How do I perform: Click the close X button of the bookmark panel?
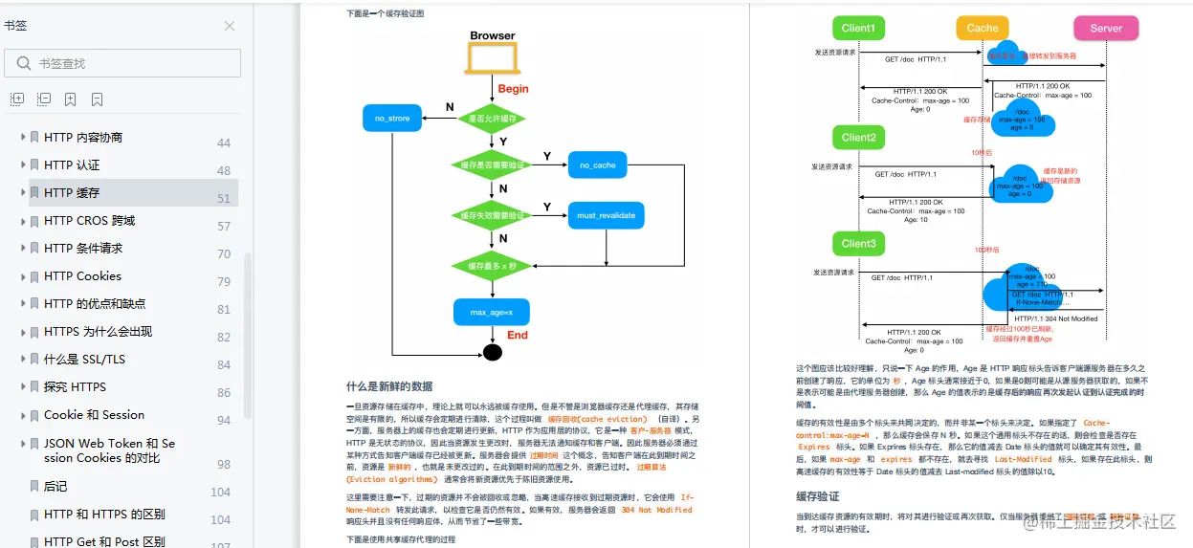click(229, 26)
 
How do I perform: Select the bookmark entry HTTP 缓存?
click(72, 192)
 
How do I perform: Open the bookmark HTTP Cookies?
click(82, 275)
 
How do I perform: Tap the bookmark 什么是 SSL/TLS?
click(84, 359)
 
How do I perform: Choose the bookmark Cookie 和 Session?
click(94, 414)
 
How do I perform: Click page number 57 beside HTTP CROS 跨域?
click(224, 227)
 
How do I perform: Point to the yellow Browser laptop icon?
click(492, 59)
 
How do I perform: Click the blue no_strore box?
click(392, 119)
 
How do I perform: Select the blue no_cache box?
click(597, 165)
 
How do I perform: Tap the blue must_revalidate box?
click(606, 215)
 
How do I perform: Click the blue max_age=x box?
click(492, 313)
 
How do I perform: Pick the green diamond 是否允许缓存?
click(492, 119)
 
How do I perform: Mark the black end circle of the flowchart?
click(492, 353)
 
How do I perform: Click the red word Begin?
click(513, 89)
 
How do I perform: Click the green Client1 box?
click(858, 28)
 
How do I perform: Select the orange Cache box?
click(982, 28)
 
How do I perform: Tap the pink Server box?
click(1106, 28)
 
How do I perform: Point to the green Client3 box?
click(858, 244)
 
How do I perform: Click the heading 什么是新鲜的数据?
click(389, 386)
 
